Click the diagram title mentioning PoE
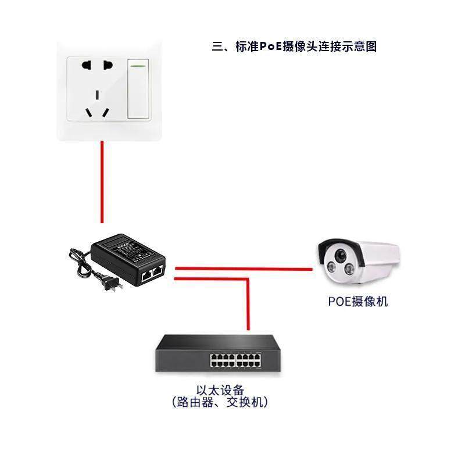[x=295, y=46]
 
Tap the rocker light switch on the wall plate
[x=138, y=88]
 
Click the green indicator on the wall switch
[x=138, y=65]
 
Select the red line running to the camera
[x=244, y=269]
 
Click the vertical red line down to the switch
[x=249, y=305]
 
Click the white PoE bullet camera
[x=358, y=261]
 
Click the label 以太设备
[x=219, y=388]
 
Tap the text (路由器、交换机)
[x=219, y=402]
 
